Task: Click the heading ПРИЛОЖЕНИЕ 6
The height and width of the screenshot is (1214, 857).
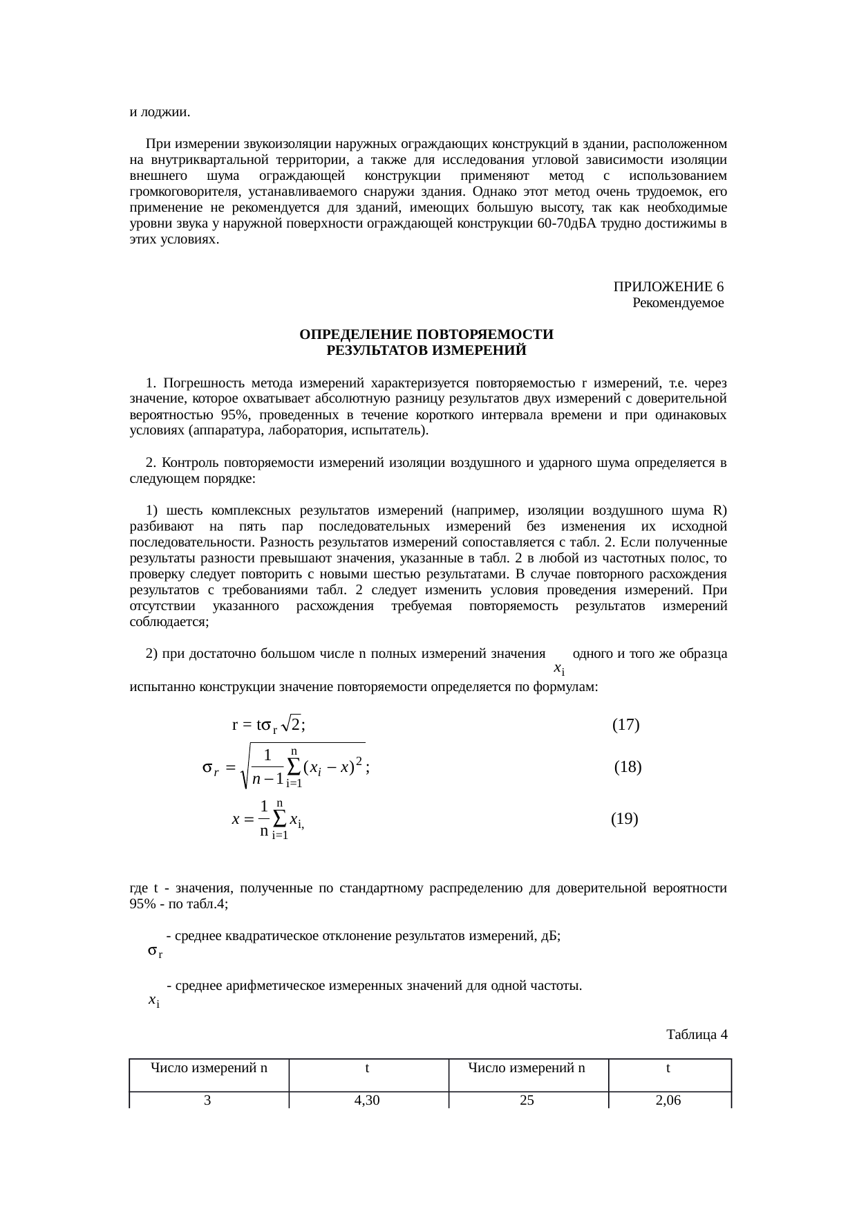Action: pos(668,287)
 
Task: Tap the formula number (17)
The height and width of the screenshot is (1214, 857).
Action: pos(625,725)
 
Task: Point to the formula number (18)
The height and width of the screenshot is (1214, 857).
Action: pos(628,766)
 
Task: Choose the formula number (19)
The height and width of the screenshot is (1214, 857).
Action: pos(625,819)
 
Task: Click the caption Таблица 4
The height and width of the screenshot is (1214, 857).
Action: pos(696,1035)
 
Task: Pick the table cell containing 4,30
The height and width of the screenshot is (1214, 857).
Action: pos(367,1100)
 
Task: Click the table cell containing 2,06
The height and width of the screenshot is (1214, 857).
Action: pos(668,1100)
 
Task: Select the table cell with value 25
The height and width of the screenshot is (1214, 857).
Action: pos(527,1100)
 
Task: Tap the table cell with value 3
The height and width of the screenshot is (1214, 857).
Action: pos(207,1100)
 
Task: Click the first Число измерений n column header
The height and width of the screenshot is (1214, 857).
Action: pos(209,1067)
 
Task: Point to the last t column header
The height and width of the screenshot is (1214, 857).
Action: pos(668,1067)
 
